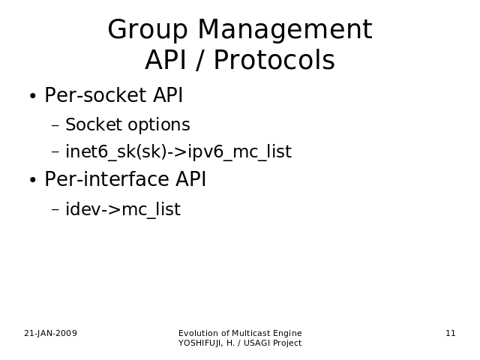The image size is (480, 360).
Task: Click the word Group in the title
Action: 148,30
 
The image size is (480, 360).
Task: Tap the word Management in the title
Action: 285,29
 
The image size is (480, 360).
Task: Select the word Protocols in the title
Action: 274,60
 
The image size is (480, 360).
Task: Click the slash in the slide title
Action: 199,60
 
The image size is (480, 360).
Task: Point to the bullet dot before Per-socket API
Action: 33,96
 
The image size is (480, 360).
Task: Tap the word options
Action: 159,125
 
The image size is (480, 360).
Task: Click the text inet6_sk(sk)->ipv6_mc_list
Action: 178,151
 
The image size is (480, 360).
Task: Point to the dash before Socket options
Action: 55,125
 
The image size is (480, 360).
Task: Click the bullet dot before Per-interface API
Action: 33,180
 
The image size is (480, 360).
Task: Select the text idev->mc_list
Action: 123,209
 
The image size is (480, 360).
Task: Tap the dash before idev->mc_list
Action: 55,210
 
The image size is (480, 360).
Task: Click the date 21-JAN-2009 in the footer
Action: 50,333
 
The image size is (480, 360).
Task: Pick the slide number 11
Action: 451,333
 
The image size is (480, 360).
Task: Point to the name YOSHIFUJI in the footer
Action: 200,343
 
